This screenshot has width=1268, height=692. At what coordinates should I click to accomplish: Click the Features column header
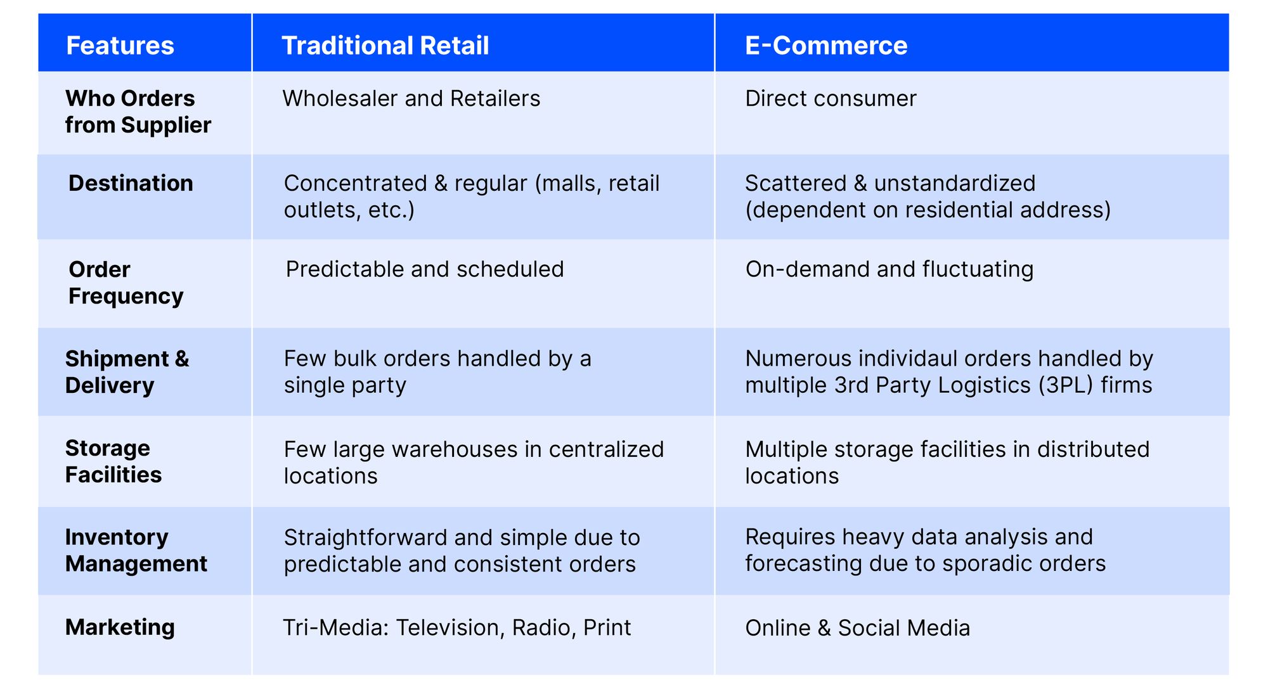(x=120, y=46)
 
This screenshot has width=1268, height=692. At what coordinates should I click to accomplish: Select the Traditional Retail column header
(x=385, y=46)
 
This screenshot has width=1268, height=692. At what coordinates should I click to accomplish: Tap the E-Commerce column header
(x=826, y=46)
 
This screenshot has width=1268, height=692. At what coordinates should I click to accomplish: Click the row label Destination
(x=131, y=183)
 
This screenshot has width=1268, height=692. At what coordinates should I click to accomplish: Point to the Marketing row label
(x=120, y=627)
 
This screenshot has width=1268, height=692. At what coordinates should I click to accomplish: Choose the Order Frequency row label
(x=126, y=283)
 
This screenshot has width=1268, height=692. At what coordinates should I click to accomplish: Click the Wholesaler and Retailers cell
(x=411, y=99)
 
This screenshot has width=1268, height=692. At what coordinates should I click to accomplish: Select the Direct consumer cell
(x=831, y=99)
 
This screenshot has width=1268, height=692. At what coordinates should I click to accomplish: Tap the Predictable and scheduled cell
(x=425, y=269)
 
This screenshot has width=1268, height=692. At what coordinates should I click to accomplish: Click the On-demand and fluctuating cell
(x=889, y=269)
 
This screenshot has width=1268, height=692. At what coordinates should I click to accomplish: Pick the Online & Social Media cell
(x=857, y=628)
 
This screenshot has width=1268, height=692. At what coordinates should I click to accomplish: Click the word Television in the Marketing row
(x=451, y=628)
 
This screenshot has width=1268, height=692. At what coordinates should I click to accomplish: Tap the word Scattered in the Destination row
(x=796, y=183)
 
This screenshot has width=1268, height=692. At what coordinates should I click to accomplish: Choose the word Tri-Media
(x=335, y=628)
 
